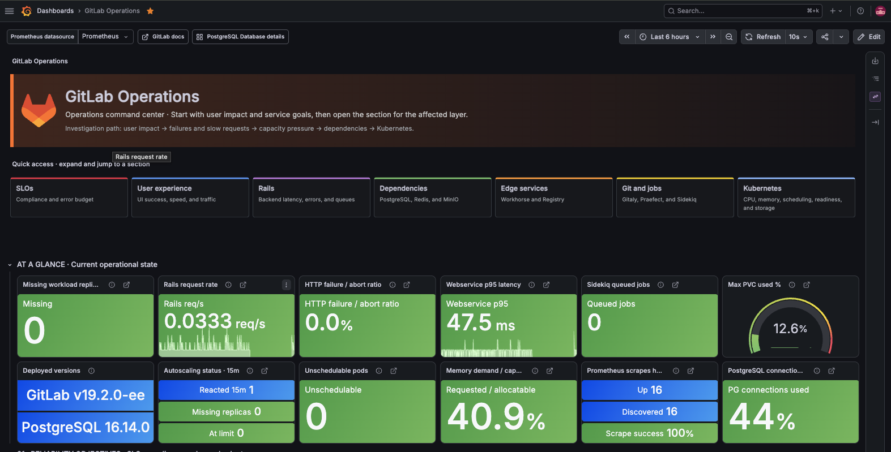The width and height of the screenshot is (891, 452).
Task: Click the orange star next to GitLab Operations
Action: pos(150,11)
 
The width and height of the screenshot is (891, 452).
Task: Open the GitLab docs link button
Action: pos(163,37)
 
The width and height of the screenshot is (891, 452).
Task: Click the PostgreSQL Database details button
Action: pos(240,37)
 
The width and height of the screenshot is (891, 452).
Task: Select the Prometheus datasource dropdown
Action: pos(105,37)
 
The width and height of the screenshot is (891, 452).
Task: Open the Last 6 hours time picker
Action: pos(670,37)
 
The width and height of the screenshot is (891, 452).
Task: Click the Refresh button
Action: pos(763,37)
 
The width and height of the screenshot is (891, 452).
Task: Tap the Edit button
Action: pos(869,37)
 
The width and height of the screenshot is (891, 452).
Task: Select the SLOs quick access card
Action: pos(69,197)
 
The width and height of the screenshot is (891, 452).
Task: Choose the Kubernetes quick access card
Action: pos(796,197)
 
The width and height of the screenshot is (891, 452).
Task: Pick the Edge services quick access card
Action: pos(554,197)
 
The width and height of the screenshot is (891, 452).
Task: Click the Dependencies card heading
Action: pos(403,188)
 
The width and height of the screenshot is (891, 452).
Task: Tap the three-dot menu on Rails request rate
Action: pos(286,285)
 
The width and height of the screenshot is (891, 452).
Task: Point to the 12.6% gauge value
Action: pos(790,329)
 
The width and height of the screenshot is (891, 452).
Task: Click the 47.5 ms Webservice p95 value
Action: pos(480,322)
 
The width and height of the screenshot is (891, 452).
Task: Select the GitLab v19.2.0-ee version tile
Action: pos(86,395)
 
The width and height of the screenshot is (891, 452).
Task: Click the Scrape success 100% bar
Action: pos(650,433)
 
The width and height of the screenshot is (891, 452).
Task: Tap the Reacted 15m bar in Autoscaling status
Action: pos(227,390)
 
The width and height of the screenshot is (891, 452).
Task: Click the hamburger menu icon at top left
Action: pos(9,11)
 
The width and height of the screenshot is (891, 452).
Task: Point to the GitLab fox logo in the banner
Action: pos(39,110)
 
